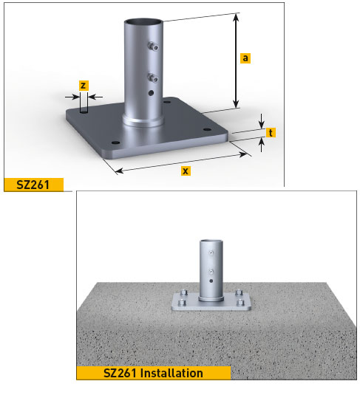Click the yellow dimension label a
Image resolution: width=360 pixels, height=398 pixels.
pos(245,58)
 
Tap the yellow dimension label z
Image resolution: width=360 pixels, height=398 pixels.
pos(84,86)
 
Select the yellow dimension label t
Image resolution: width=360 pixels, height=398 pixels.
pos(271,132)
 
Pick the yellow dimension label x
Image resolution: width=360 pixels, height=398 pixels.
pos(186,171)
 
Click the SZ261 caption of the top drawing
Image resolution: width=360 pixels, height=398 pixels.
pos(33,185)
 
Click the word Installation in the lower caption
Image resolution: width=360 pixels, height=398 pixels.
pos(171,373)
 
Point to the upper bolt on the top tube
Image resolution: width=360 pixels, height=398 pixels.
pos(153,46)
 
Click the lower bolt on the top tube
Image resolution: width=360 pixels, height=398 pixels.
pos(153,78)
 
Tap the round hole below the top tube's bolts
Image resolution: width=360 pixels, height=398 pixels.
pos(151,93)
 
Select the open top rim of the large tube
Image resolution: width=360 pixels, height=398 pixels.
pos(143,22)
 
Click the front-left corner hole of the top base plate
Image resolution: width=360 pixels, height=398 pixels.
pos(116,143)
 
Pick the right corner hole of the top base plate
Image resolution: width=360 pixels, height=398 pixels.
pos(207,130)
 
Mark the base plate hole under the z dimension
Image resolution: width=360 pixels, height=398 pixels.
pos(84,111)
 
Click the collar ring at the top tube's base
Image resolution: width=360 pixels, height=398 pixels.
pos(143,122)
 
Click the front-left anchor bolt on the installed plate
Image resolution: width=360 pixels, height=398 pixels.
pos(181,302)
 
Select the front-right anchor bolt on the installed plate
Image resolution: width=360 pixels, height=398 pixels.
pos(241,302)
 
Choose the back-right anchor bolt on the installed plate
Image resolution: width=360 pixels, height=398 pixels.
pos(238,292)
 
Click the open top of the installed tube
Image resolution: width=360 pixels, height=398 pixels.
pos(211,241)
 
